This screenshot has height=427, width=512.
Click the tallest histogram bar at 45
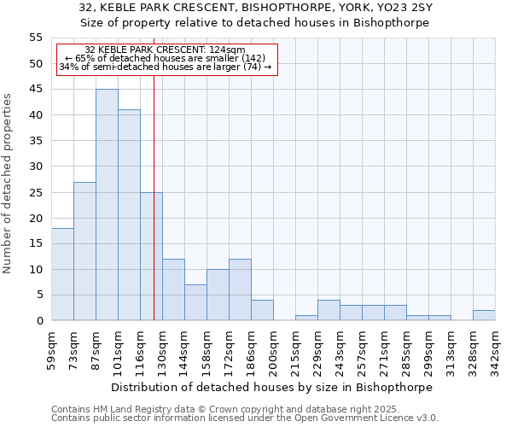107,205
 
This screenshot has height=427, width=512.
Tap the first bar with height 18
62,274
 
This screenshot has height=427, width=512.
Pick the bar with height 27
84,251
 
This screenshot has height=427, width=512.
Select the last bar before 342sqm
484,315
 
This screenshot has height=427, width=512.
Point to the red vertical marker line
154,213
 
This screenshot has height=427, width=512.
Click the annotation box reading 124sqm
167,59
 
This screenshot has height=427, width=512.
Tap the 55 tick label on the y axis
36,38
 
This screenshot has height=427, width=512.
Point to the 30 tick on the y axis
36,167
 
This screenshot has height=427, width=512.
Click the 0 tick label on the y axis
39,321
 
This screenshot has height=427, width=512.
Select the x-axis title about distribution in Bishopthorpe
272,387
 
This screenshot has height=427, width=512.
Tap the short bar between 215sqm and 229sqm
306,318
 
